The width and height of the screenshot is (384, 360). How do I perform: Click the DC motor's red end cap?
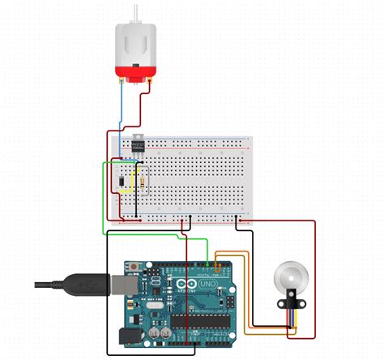(x=134, y=77)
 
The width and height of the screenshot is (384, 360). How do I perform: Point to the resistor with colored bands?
(x=143, y=181)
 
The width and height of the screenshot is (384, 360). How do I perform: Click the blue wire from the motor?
(x=122, y=114)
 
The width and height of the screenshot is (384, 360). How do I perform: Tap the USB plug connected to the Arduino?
(x=89, y=284)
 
